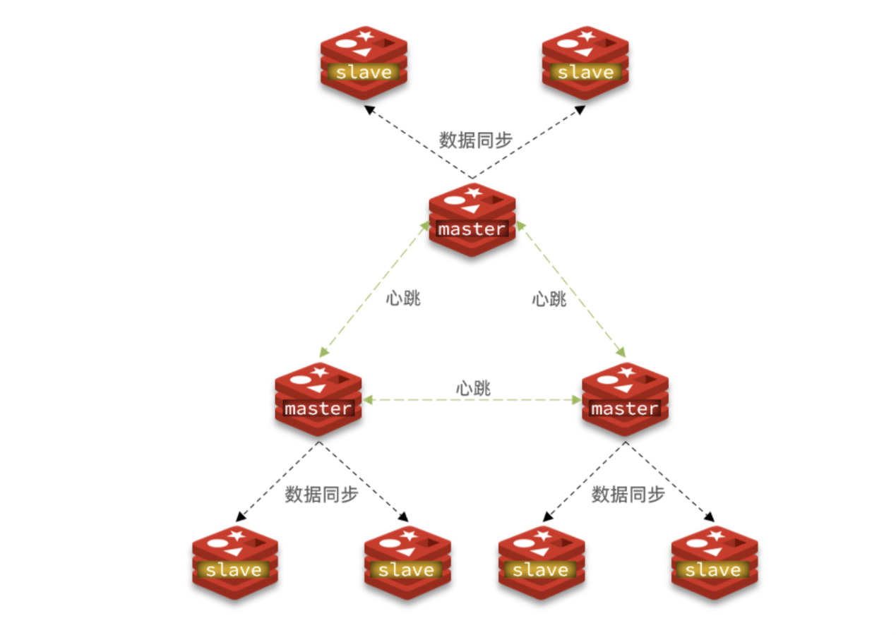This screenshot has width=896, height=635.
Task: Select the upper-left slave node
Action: click(364, 64)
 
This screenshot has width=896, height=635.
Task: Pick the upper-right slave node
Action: click(585, 64)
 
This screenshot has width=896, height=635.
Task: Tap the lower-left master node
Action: click(318, 399)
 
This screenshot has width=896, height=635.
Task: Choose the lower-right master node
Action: click(625, 399)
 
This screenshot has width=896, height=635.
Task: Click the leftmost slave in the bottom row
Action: click(234, 561)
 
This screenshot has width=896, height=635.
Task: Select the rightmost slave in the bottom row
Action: click(714, 561)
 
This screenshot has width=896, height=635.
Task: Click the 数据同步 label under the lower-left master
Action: click(321, 495)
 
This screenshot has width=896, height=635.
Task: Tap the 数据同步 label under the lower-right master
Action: click(628, 495)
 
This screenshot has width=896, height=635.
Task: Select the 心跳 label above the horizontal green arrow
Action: click(473, 388)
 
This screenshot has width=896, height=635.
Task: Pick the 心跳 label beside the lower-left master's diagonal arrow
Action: click(403, 298)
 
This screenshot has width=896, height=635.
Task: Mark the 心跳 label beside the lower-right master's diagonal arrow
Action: click(549, 299)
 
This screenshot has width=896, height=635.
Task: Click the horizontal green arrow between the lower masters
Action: click(472, 400)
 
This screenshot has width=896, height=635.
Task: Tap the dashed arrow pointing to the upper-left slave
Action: click(417, 141)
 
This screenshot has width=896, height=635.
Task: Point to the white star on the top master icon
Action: click(474, 191)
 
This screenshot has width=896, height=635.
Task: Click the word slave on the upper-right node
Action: click(585, 73)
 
